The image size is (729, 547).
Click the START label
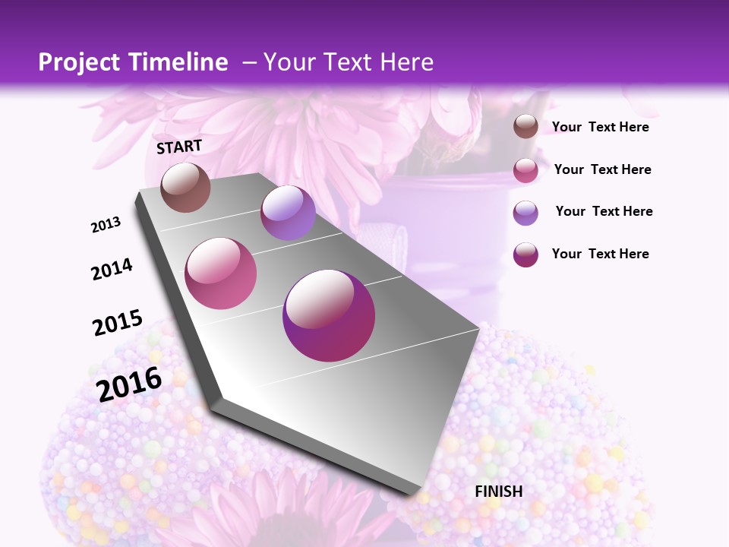[x=179, y=147]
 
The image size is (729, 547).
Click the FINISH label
[x=498, y=492]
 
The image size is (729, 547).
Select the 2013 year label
[x=106, y=224]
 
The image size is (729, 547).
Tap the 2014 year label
[x=112, y=269]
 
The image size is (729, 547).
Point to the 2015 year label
[x=117, y=323]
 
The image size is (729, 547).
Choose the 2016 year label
[x=129, y=384]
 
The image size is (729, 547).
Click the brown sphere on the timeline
[x=185, y=187]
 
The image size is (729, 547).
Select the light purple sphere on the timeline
[x=288, y=213]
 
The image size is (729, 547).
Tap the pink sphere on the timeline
[x=221, y=273]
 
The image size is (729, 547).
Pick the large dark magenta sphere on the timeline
[x=329, y=315]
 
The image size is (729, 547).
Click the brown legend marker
[x=525, y=127]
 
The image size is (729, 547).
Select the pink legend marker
[x=525, y=170]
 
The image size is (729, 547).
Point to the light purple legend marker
[x=525, y=213]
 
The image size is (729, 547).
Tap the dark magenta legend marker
[x=525, y=255]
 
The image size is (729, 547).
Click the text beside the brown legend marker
[x=600, y=127]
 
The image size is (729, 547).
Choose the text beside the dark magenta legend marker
[x=600, y=254]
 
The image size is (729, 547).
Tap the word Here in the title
[x=406, y=62]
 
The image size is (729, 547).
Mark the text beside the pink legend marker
[x=602, y=169]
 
